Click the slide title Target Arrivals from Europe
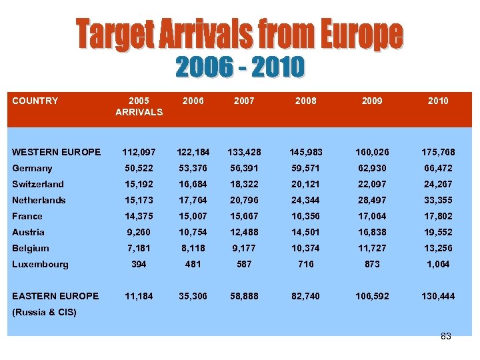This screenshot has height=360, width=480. pos(239,34)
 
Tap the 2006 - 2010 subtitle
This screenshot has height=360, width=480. pos(240,67)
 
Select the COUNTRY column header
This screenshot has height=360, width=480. pos(35,101)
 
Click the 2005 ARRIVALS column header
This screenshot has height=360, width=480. pos(139,106)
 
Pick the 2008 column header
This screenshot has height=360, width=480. pos(306,101)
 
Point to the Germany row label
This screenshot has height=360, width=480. pos(32,168)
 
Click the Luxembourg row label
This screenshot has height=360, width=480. pos(40,264)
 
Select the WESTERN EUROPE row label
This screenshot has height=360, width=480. pos(57,152)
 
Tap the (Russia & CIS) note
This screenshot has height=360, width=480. pos(44,312)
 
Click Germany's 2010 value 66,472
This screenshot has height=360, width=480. pos(438,168)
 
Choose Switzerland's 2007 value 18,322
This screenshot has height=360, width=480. pos(244,184)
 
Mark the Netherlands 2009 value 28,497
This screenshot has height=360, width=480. pos(372,200)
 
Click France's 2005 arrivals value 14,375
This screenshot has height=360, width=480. pos(139,216)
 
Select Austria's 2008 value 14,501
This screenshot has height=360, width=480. pos(306,232)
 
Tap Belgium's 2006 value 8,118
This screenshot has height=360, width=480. pos(191,248)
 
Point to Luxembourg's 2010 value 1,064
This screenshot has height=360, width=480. pos(438,264)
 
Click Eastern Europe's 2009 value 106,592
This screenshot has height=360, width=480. pos(372,296)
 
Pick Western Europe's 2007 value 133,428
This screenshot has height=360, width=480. pos(244,152)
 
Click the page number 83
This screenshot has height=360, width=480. pos(446,336)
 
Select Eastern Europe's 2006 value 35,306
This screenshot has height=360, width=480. pos(191,296)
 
